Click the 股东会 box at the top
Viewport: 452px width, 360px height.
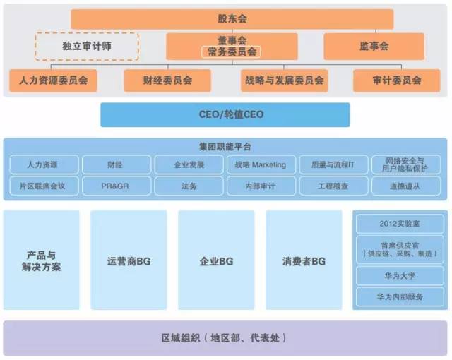(231, 19)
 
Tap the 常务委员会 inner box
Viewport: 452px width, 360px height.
(231, 52)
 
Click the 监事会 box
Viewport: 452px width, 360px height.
(374, 47)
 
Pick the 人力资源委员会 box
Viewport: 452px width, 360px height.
(54, 80)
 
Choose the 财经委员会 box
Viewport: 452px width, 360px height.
(167, 80)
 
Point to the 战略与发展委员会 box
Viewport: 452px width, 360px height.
(282, 80)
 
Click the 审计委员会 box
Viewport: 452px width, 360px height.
(397, 80)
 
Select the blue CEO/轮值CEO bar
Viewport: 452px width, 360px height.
(225, 114)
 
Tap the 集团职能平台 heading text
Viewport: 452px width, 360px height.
(225, 147)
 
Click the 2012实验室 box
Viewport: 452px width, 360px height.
(400, 224)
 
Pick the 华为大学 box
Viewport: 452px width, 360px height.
(400, 276)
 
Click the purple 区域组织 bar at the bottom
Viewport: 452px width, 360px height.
(225, 338)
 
